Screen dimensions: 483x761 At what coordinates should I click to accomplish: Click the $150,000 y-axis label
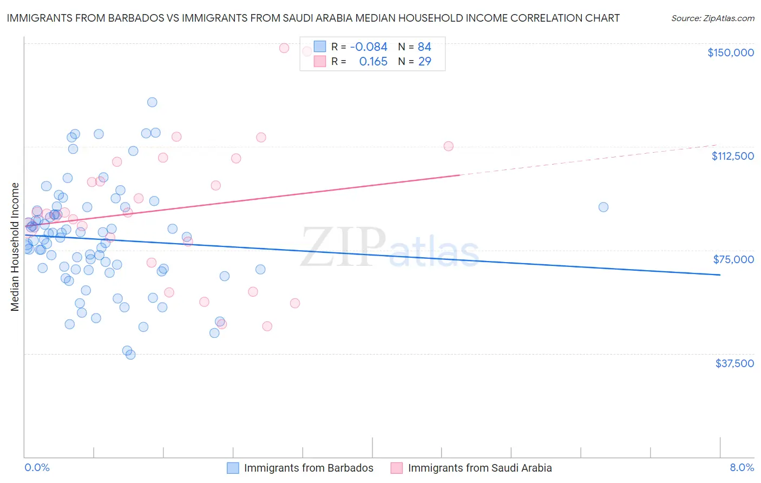tap(730, 53)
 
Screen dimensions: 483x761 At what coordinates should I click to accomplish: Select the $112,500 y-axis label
tap(732, 156)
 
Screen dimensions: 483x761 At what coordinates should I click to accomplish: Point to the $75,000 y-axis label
tap(733, 259)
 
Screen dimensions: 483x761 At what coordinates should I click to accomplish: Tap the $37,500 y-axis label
tap(734, 363)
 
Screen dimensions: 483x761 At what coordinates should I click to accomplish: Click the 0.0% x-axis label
tap(37, 468)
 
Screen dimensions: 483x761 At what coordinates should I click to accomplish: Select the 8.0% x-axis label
tap(742, 468)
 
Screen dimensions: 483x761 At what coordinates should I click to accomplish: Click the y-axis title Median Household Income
tap(15, 247)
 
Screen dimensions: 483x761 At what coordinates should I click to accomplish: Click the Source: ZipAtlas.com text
tap(712, 18)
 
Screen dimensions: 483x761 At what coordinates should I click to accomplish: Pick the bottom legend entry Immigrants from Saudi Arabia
tap(480, 468)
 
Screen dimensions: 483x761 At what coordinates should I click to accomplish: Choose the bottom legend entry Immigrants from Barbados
tap(309, 468)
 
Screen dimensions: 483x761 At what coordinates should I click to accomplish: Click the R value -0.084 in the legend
tap(369, 47)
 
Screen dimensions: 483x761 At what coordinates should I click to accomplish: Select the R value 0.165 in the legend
tap(373, 62)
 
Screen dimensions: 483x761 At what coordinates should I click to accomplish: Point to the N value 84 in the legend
tap(424, 47)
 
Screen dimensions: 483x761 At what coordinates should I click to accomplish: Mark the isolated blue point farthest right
tap(603, 207)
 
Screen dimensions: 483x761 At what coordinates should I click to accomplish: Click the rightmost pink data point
tap(448, 146)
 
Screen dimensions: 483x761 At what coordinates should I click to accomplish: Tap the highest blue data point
tap(152, 102)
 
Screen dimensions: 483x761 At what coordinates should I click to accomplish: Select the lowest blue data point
tap(130, 355)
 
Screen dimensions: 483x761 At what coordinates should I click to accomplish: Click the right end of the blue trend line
tap(720, 275)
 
